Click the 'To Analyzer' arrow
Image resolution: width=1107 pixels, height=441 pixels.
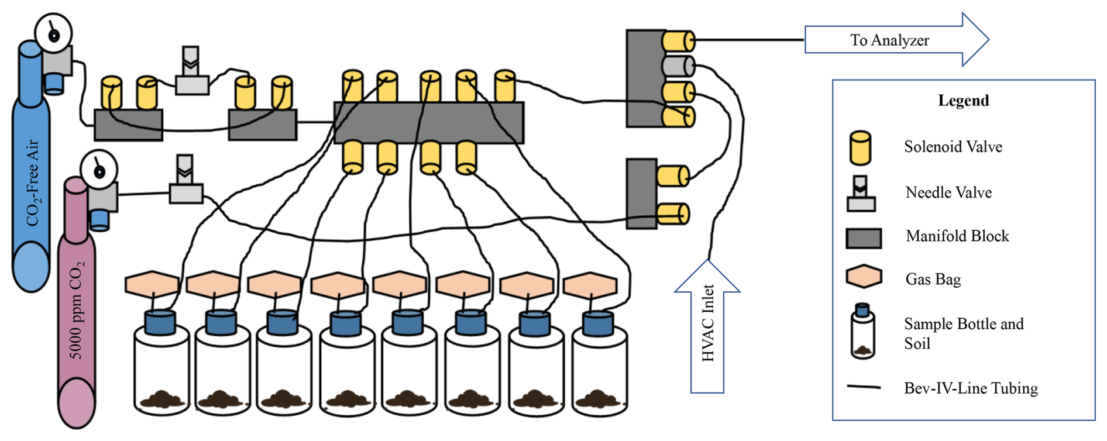(x=889, y=40)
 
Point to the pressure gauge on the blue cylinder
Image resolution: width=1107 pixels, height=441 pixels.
(x=53, y=34)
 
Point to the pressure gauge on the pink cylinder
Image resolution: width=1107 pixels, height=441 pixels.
(x=99, y=170)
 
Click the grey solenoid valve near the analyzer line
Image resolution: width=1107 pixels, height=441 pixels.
(x=678, y=66)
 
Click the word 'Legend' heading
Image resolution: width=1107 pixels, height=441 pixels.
(x=963, y=101)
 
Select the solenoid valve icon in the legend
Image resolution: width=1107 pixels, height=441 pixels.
(x=860, y=147)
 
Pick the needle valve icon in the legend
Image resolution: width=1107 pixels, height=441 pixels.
(x=861, y=194)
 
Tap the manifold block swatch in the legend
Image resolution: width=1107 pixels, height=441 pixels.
(x=864, y=238)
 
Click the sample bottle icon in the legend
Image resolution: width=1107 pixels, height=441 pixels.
(x=862, y=331)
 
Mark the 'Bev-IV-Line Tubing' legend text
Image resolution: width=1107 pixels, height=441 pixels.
(x=971, y=388)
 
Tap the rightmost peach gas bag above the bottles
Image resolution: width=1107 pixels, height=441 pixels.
(x=590, y=284)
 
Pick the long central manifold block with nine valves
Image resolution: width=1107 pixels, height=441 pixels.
(x=428, y=123)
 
